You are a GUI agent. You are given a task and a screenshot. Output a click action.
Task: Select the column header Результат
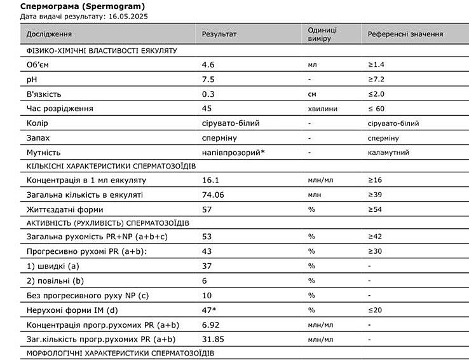tap(219, 34)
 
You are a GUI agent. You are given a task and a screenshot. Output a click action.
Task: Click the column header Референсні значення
tap(405, 34)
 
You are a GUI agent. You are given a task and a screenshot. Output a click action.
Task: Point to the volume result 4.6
tap(207, 65)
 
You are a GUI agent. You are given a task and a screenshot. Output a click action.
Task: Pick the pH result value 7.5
tap(207, 80)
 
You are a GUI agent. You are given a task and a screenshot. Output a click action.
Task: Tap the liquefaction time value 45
tap(207, 109)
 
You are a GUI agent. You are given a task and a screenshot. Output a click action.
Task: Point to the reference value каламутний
tap(388, 153)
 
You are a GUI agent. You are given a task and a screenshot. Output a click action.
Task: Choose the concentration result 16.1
tap(210, 181)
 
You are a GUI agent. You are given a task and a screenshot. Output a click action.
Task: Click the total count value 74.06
tap(213, 195)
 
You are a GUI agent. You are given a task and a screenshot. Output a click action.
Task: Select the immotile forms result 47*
tap(209, 310)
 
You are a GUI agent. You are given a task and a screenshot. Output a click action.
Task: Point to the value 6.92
tap(210, 324)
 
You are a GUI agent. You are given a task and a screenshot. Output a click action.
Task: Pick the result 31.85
tap(213, 339)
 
